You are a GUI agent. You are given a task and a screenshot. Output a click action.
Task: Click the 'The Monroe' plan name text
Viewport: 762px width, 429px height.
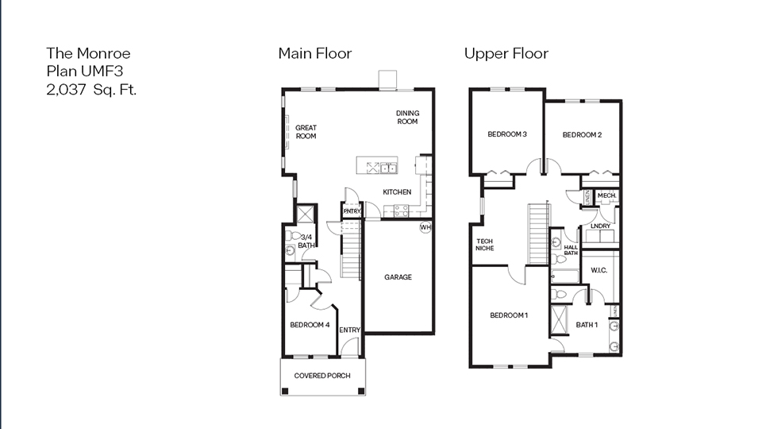coord(88,53)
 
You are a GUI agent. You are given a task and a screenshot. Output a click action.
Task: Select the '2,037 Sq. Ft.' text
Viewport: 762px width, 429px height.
coord(91,90)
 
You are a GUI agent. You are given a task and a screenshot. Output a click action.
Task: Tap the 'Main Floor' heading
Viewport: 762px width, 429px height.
coord(314,53)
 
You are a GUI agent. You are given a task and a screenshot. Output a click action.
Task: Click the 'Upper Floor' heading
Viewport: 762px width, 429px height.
coord(506,53)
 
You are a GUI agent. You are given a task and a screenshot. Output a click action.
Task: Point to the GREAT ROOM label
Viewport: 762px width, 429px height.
coord(306,132)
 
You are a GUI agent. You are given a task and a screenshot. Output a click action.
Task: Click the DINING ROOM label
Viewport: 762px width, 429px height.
coord(407,118)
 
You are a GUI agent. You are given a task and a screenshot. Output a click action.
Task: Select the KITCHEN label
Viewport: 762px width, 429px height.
coord(397,192)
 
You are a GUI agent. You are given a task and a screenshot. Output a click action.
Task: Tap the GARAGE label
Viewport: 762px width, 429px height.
coord(398,277)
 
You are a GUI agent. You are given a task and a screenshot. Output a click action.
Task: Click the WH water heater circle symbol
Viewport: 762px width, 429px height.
coord(425,228)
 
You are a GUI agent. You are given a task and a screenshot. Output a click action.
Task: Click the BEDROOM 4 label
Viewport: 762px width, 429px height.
coord(310,324)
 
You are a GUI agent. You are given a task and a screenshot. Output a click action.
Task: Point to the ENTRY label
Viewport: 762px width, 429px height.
coord(349,330)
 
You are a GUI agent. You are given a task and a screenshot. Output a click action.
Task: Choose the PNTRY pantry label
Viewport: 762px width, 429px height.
coord(352,211)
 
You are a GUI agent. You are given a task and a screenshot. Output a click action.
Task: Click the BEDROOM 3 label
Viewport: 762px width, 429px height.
coord(506,134)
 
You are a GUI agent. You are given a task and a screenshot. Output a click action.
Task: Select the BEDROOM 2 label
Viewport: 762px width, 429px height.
coord(582,135)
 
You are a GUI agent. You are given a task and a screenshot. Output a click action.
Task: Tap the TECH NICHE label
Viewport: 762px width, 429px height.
coord(484,245)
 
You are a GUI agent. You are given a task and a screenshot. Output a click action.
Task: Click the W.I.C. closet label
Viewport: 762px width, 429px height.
coord(598,270)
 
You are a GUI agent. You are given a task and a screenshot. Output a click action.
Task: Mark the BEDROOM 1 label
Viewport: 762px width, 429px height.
coord(509,315)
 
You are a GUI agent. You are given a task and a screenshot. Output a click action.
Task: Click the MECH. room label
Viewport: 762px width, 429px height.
coord(606,195)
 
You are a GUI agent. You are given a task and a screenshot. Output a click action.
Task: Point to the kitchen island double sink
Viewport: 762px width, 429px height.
coord(387,168)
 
